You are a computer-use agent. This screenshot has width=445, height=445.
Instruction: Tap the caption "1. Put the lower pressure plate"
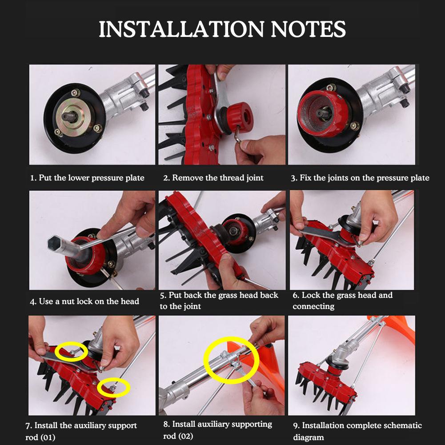tap(87, 178)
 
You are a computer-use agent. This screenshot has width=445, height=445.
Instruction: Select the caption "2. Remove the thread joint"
tap(213, 178)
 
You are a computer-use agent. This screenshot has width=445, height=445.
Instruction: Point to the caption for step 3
tap(360, 178)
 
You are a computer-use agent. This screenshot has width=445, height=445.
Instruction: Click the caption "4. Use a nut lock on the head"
tap(84, 301)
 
